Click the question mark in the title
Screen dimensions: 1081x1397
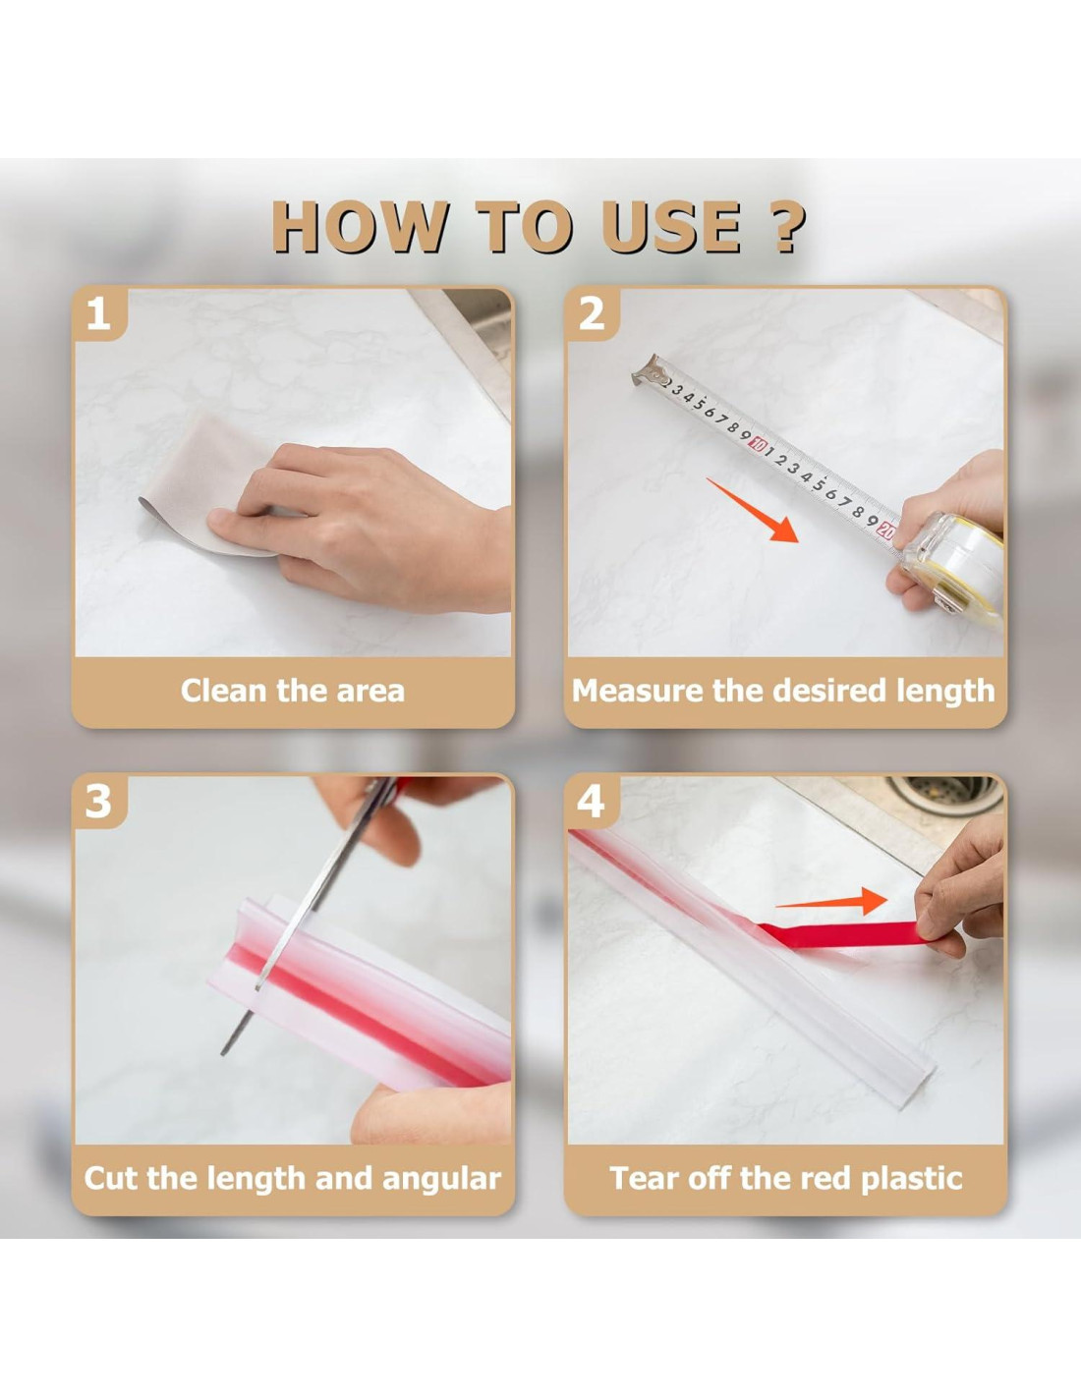click(785, 227)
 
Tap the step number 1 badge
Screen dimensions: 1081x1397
click(98, 315)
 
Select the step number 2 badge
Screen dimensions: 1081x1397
click(592, 314)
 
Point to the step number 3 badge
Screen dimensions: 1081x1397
click(98, 802)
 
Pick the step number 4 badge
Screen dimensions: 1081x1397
click(592, 802)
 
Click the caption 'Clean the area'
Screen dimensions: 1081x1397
click(293, 691)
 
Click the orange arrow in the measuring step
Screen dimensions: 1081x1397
click(753, 511)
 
